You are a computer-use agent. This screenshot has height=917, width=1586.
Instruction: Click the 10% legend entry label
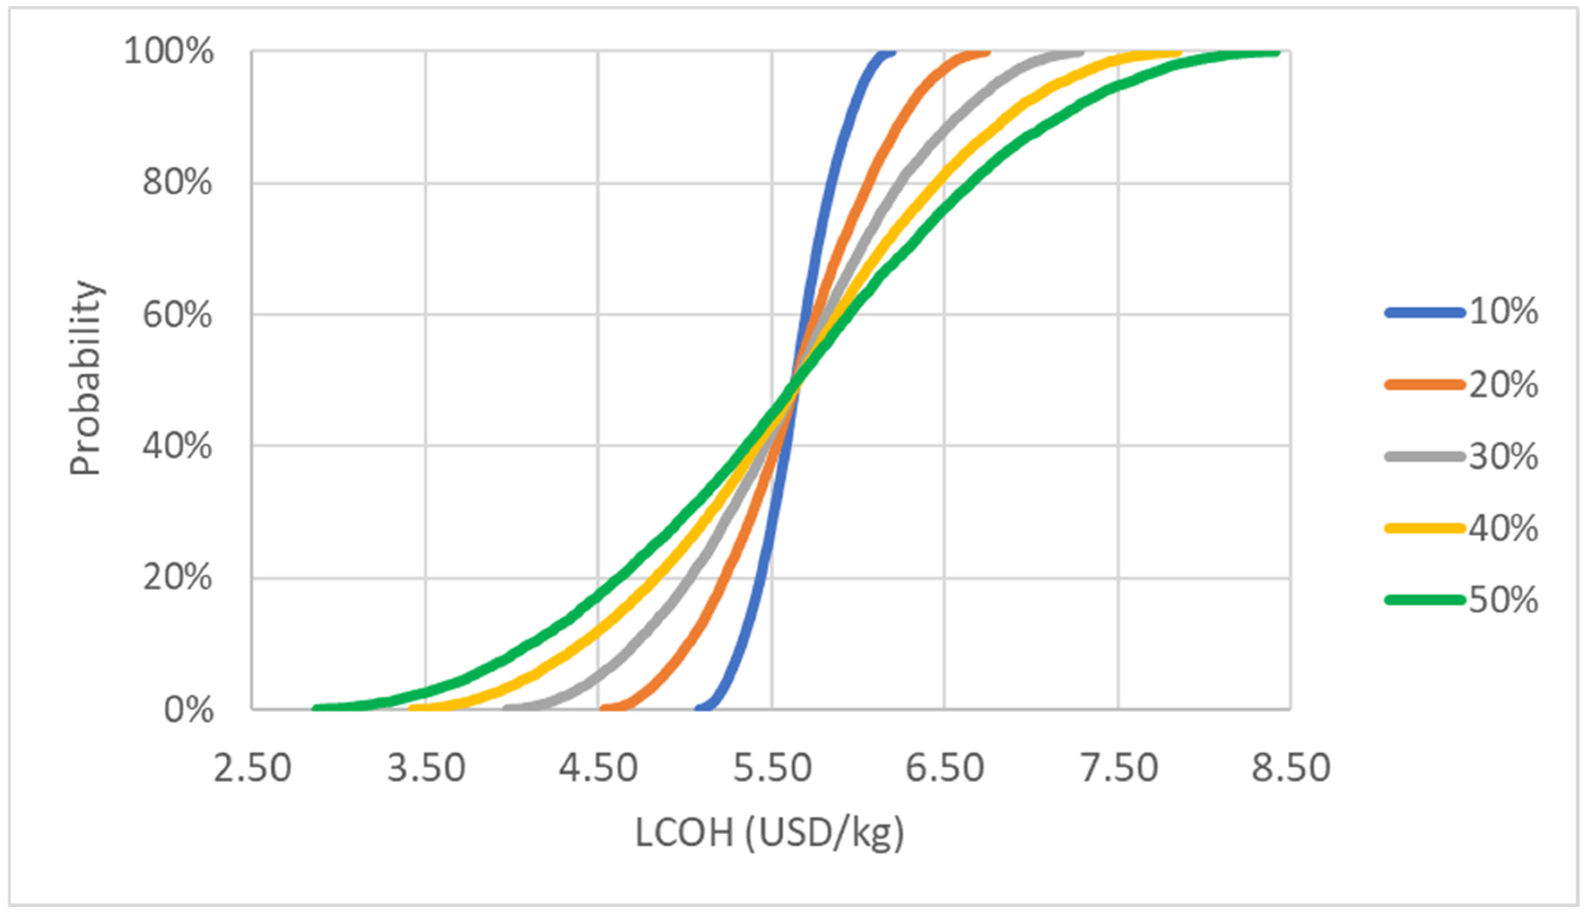tap(1503, 312)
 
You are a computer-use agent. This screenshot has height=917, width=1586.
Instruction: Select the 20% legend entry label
tap(1503, 384)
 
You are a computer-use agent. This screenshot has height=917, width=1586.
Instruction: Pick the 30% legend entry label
tap(1503, 457)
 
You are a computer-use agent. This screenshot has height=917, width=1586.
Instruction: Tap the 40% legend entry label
tap(1503, 528)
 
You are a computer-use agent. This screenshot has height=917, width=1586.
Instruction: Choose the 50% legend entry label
tap(1503, 600)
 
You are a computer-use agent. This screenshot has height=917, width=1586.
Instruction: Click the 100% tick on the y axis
tap(169, 52)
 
